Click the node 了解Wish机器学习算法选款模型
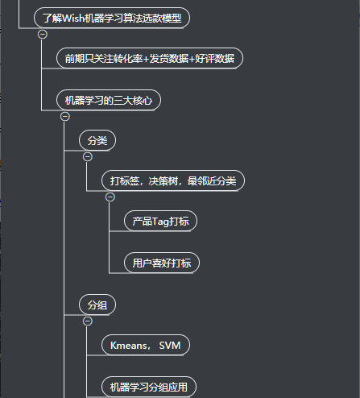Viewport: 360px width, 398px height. [x=112, y=18]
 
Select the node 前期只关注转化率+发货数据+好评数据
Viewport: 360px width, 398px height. [x=150, y=58]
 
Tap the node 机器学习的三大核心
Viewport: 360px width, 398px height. [x=109, y=100]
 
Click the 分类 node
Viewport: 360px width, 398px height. [x=97, y=140]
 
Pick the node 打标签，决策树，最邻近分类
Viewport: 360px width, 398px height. [x=173, y=180]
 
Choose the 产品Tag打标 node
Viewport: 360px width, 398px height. [x=160, y=221]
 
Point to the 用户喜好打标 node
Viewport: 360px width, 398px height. [x=162, y=263]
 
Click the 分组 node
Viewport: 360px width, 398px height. [x=97, y=305]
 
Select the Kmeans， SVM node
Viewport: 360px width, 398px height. [x=146, y=345]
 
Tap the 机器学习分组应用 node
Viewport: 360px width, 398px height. [x=149, y=387]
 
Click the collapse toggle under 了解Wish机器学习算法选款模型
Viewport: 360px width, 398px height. [x=43, y=35]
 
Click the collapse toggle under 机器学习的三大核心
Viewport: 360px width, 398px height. [x=65, y=117]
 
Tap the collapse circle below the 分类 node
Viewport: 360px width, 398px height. [x=88, y=157]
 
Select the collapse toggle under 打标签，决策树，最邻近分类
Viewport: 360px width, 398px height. [x=110, y=197]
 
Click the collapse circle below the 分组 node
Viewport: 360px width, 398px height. [x=88, y=321]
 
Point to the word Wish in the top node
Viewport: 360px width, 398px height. [x=73, y=18]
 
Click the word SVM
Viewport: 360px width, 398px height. [x=170, y=346]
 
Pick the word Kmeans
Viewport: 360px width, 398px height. [x=128, y=346]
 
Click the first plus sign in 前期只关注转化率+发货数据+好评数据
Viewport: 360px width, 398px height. [x=146, y=59]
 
